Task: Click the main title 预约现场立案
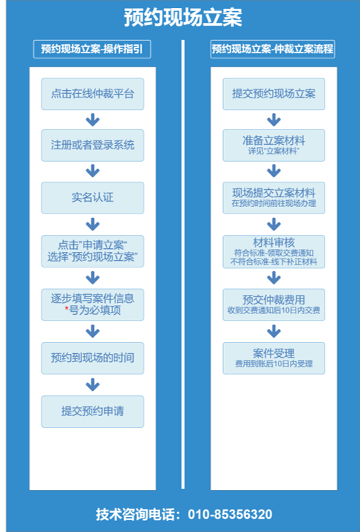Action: pyautogui.click(x=183, y=18)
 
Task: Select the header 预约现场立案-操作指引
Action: pyautogui.click(x=92, y=50)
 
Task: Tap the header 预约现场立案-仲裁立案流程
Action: pyautogui.click(x=273, y=50)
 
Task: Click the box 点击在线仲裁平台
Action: pyautogui.click(x=92, y=94)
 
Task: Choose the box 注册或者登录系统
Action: pyautogui.click(x=92, y=146)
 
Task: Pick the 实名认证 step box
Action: pyautogui.click(x=92, y=198)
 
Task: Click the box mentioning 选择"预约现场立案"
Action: pyautogui.click(x=92, y=251)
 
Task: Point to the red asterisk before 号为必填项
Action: pyautogui.click(x=67, y=309)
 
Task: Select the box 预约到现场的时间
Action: pyautogui.click(x=92, y=358)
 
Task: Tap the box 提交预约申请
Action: pyautogui.click(x=92, y=412)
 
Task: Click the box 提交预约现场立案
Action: pyautogui.click(x=274, y=94)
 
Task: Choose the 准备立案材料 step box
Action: pyautogui.click(x=274, y=146)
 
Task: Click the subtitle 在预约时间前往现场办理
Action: pyautogui.click(x=274, y=203)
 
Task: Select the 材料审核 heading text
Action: pyautogui.click(x=274, y=243)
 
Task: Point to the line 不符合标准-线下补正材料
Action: pyautogui.click(x=274, y=262)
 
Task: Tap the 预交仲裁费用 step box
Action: pyautogui.click(x=274, y=304)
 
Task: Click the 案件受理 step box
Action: pyautogui.click(x=274, y=358)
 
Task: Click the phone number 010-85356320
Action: pyautogui.click(x=230, y=514)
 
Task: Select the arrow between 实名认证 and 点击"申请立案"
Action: pyautogui.click(x=92, y=225)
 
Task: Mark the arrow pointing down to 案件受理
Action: pyautogui.click(x=274, y=331)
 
